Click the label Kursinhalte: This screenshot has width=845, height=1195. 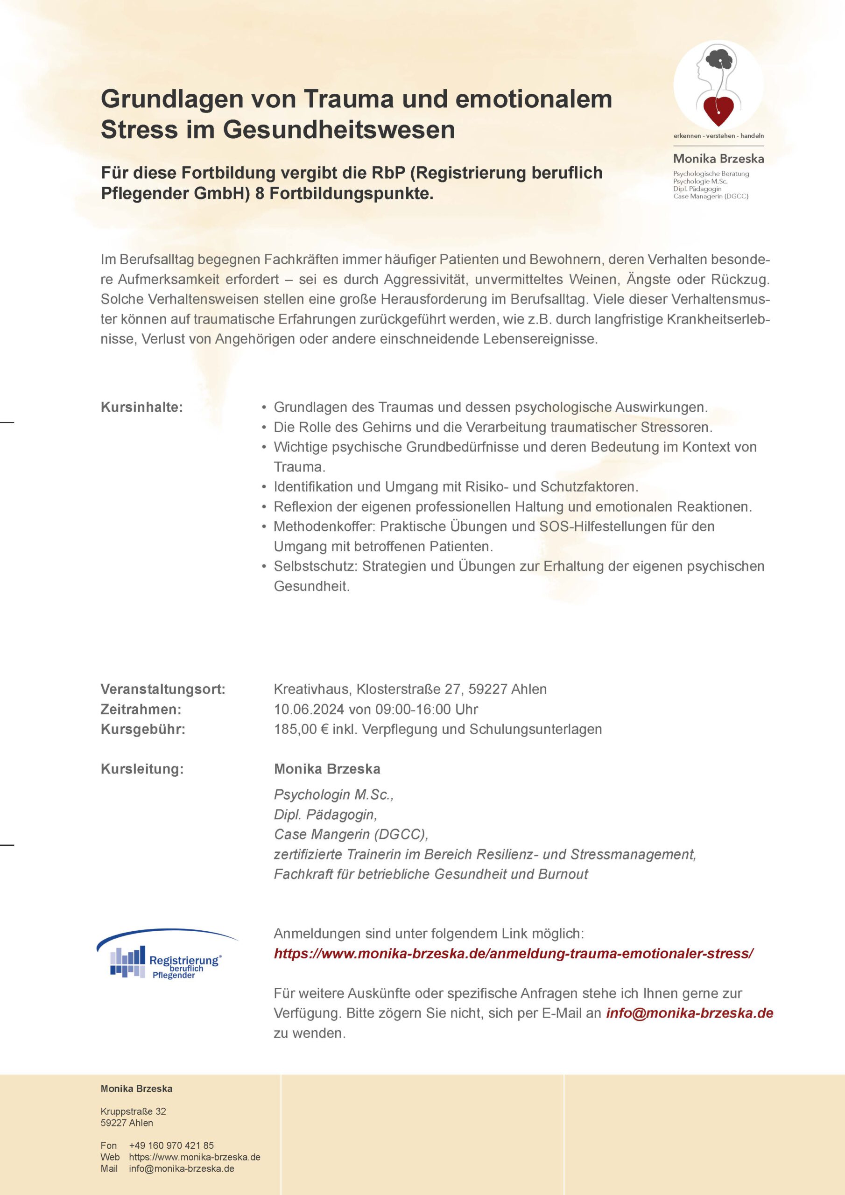coord(141,407)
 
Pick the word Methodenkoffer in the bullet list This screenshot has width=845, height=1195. coord(324,526)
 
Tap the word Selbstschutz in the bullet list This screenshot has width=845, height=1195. coord(315,566)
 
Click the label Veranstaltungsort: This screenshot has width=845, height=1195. coord(163,689)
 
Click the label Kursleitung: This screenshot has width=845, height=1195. coord(142,769)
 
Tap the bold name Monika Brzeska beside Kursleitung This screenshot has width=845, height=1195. coord(327,769)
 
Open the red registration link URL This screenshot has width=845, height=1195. coord(514,954)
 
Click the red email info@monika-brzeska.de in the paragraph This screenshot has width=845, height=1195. coord(690,1013)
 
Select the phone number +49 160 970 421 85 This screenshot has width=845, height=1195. coord(171,1146)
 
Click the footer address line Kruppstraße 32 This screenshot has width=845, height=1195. coord(133,1111)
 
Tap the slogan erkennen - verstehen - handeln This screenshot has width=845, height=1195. coord(718,136)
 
